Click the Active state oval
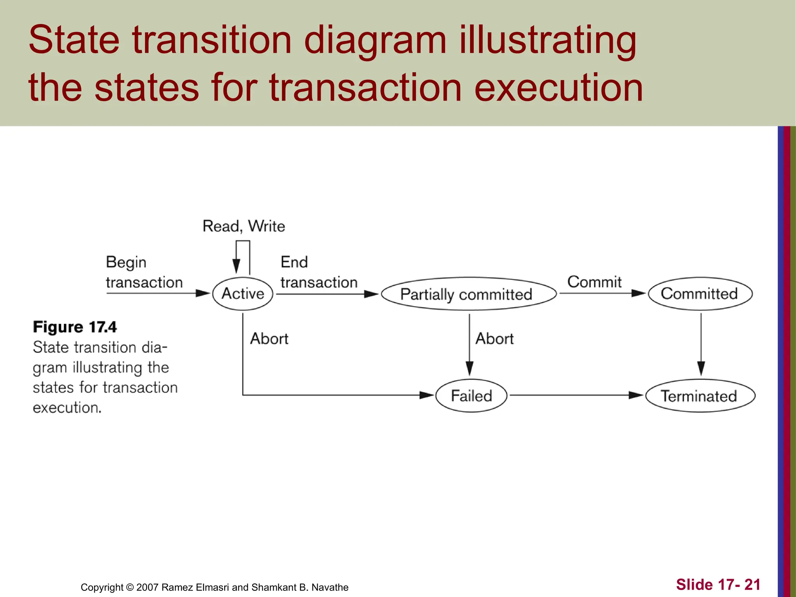click(243, 294)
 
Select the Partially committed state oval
click(468, 294)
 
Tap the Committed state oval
click(700, 294)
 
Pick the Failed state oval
click(471, 396)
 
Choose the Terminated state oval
click(700, 396)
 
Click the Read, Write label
click(244, 226)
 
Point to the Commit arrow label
click(594, 282)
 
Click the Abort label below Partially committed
click(494, 339)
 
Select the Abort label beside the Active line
click(269, 339)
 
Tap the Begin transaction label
click(144, 272)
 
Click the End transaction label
click(319, 272)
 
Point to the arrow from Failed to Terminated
click(575, 395)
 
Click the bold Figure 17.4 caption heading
click(75, 327)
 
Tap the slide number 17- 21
click(718, 585)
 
